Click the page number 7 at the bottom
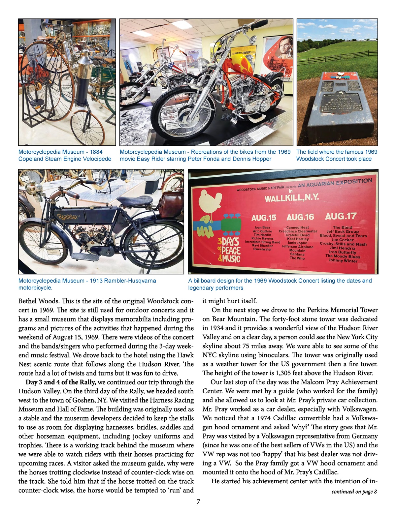[198, 502]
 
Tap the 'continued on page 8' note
[354, 492]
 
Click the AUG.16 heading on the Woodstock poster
[300, 217]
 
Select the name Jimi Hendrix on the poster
[343, 248]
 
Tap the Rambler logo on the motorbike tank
[68, 217]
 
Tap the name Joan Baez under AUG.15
[262, 227]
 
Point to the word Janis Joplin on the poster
[297, 243]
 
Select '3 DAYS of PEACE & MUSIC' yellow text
[229, 250]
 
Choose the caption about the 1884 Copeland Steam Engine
[65, 155]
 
